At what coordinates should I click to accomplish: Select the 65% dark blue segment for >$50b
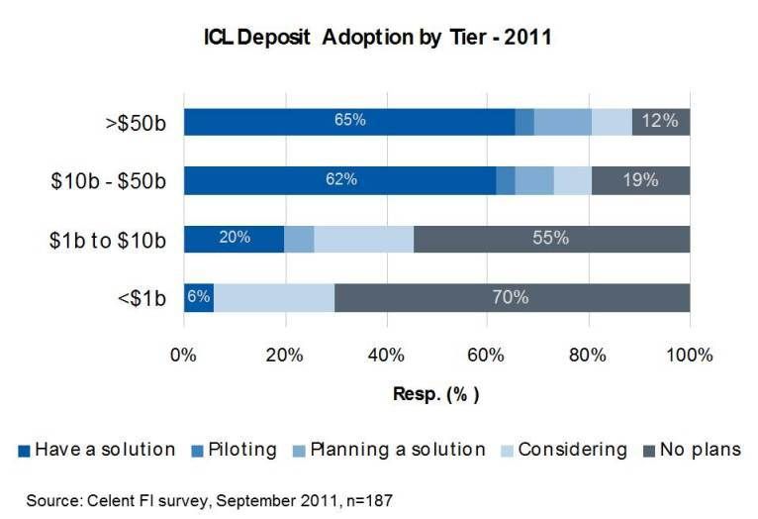[x=349, y=122]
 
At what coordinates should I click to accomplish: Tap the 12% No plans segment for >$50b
[x=661, y=122]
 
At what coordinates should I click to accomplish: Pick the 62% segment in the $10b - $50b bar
[x=339, y=180]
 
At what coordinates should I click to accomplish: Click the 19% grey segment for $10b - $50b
[x=641, y=180]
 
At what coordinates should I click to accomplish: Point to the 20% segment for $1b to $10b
[x=235, y=239]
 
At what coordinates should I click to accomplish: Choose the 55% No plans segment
[x=551, y=239]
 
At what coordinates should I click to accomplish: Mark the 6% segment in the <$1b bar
[x=199, y=297]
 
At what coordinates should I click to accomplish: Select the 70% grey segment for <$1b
[x=512, y=297]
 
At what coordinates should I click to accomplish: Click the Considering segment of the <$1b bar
[x=274, y=297]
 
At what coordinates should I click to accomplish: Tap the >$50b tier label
[x=138, y=122]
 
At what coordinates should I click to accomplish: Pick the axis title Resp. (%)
[x=435, y=394]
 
